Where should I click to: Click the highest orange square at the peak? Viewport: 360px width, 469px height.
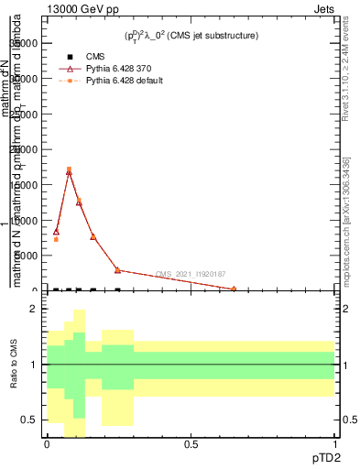(69, 169)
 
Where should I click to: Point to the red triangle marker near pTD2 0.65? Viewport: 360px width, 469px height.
(234, 289)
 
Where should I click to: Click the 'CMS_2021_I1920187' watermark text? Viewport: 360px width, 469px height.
(190, 274)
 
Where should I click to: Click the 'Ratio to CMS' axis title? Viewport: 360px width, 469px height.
(15, 365)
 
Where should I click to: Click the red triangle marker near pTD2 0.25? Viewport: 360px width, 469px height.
(117, 270)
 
